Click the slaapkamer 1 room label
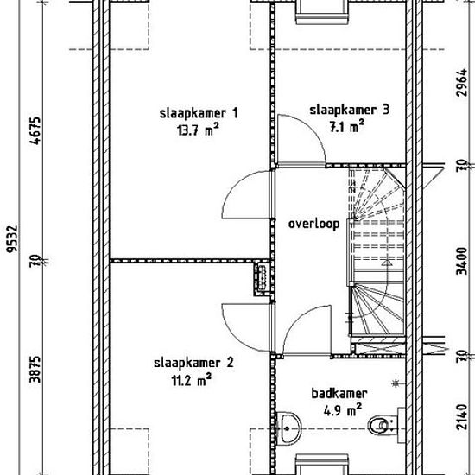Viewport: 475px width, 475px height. tap(199, 114)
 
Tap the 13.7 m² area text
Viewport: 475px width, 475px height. tap(198, 130)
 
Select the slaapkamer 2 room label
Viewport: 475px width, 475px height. tap(193, 363)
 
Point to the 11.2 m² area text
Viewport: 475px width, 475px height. tap(192, 380)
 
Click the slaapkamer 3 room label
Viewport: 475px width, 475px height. tap(349, 110)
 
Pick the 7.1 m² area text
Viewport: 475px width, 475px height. tap(347, 126)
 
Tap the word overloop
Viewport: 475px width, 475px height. tap(313, 225)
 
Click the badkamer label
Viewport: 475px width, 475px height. tap(339, 394)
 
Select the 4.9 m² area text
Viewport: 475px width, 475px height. tap(343, 410)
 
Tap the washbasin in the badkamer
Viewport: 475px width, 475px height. tap(288, 428)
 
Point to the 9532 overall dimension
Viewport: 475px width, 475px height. tap(12, 238)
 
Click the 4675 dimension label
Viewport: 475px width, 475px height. tap(35, 131)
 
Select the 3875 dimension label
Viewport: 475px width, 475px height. tap(35, 370)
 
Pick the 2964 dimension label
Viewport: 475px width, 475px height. tap(462, 83)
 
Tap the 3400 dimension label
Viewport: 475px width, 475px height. tap(462, 261)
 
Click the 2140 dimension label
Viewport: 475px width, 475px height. tap(462, 417)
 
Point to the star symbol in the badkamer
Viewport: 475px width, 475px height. tap(396, 383)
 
